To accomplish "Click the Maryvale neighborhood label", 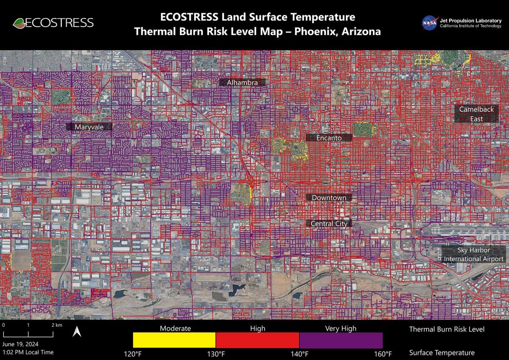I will point(89,127).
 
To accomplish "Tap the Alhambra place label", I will point(242,82).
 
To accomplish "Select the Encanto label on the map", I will point(329,138).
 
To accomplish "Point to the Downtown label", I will point(329,198).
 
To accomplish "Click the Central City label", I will point(329,223).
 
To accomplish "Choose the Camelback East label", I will point(476,114).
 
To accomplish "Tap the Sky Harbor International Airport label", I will point(474,255).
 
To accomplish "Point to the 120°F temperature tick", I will point(133,354).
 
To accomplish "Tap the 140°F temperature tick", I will point(299,354).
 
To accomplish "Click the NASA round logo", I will point(429,22).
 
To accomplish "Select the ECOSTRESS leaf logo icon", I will point(19,22).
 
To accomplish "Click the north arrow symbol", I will point(77,332).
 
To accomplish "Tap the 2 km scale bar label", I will point(56,325).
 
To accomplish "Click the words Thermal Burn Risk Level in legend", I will point(447,329).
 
